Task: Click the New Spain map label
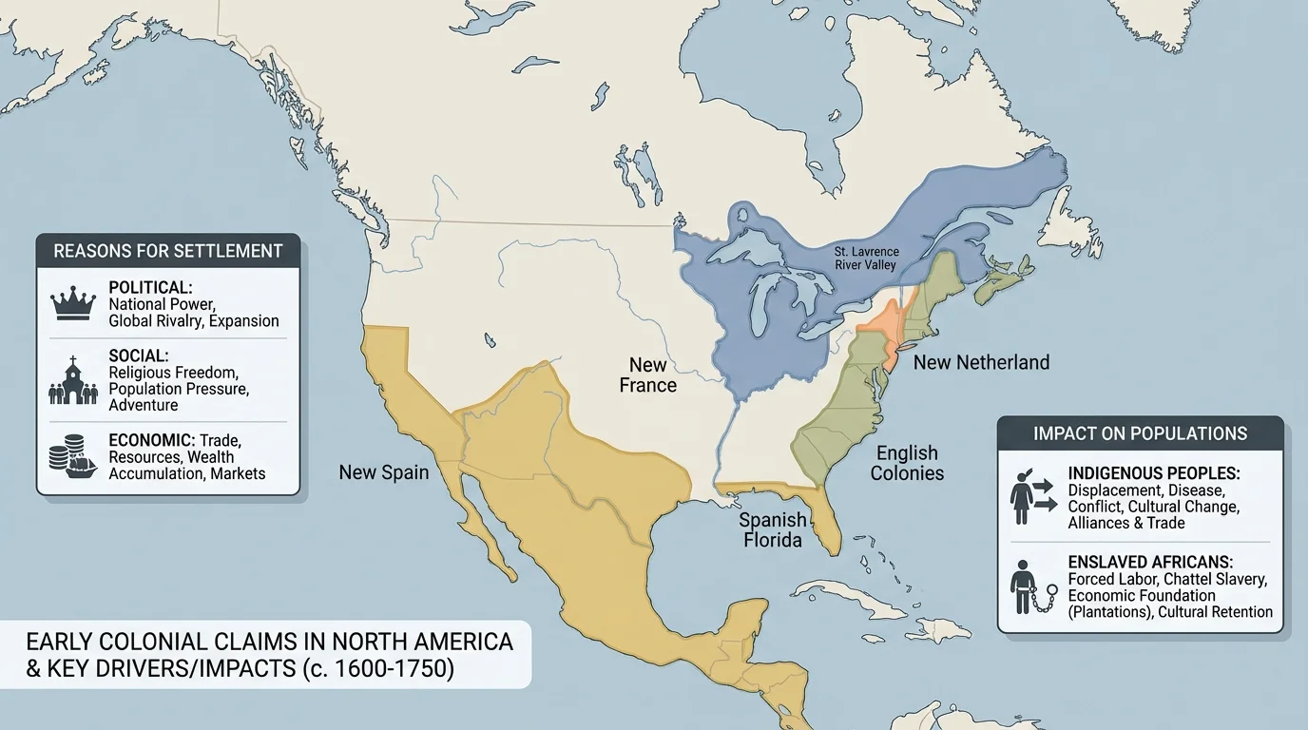pyautogui.click(x=384, y=472)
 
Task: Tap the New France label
pyautogui.click(x=647, y=375)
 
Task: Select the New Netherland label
pyautogui.click(x=981, y=362)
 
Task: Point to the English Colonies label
pyautogui.click(x=907, y=463)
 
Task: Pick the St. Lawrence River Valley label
pyautogui.click(x=866, y=259)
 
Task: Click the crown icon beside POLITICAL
pyautogui.click(x=73, y=303)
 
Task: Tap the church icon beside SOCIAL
pyautogui.click(x=73, y=380)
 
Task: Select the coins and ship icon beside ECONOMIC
pyautogui.click(x=73, y=457)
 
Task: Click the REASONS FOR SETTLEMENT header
pyautogui.click(x=168, y=251)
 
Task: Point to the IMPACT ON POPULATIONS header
pyautogui.click(x=1140, y=433)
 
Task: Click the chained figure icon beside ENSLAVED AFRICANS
pyautogui.click(x=1030, y=586)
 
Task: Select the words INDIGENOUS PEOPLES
pyautogui.click(x=1154, y=472)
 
